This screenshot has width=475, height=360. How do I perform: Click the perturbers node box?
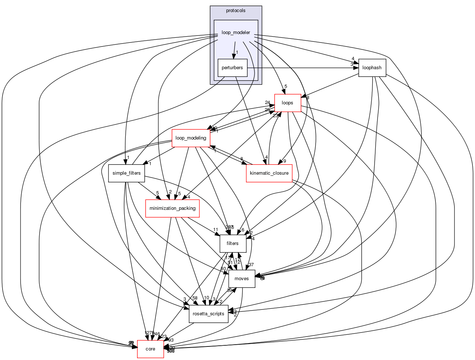pyautogui.click(x=232, y=68)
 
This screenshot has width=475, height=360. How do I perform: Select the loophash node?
pyautogui.click(x=372, y=68)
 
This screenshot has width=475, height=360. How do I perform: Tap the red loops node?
pyautogui.click(x=287, y=103)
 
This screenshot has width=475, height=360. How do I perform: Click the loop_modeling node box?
pyautogui.click(x=191, y=138)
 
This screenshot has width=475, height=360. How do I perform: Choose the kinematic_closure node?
pyautogui.click(x=269, y=173)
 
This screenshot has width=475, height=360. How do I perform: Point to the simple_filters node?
pyautogui.click(x=126, y=173)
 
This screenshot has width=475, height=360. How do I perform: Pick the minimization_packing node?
pyautogui.click(x=172, y=208)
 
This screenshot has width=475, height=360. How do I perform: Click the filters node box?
pyautogui.click(x=232, y=244)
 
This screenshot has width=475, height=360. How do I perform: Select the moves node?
pyautogui.click(x=242, y=279)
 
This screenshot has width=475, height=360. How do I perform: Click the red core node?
pyautogui.click(x=150, y=349)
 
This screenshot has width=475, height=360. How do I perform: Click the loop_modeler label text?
pyautogui.click(x=236, y=33)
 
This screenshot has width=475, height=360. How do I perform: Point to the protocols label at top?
pyautogui.click(x=236, y=11)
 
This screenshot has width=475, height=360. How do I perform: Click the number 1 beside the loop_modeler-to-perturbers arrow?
pyautogui.click(x=237, y=52)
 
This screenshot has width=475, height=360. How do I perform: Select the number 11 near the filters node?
pyautogui.click(x=216, y=230)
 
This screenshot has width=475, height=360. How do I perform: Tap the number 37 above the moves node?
pyautogui.click(x=251, y=265)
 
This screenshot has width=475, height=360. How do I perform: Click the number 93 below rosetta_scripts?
pyautogui.click(x=171, y=340)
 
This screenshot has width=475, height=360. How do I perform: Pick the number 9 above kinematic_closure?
pyautogui.click(x=284, y=161)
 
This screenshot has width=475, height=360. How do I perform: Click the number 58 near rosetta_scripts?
pyautogui.click(x=195, y=298)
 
